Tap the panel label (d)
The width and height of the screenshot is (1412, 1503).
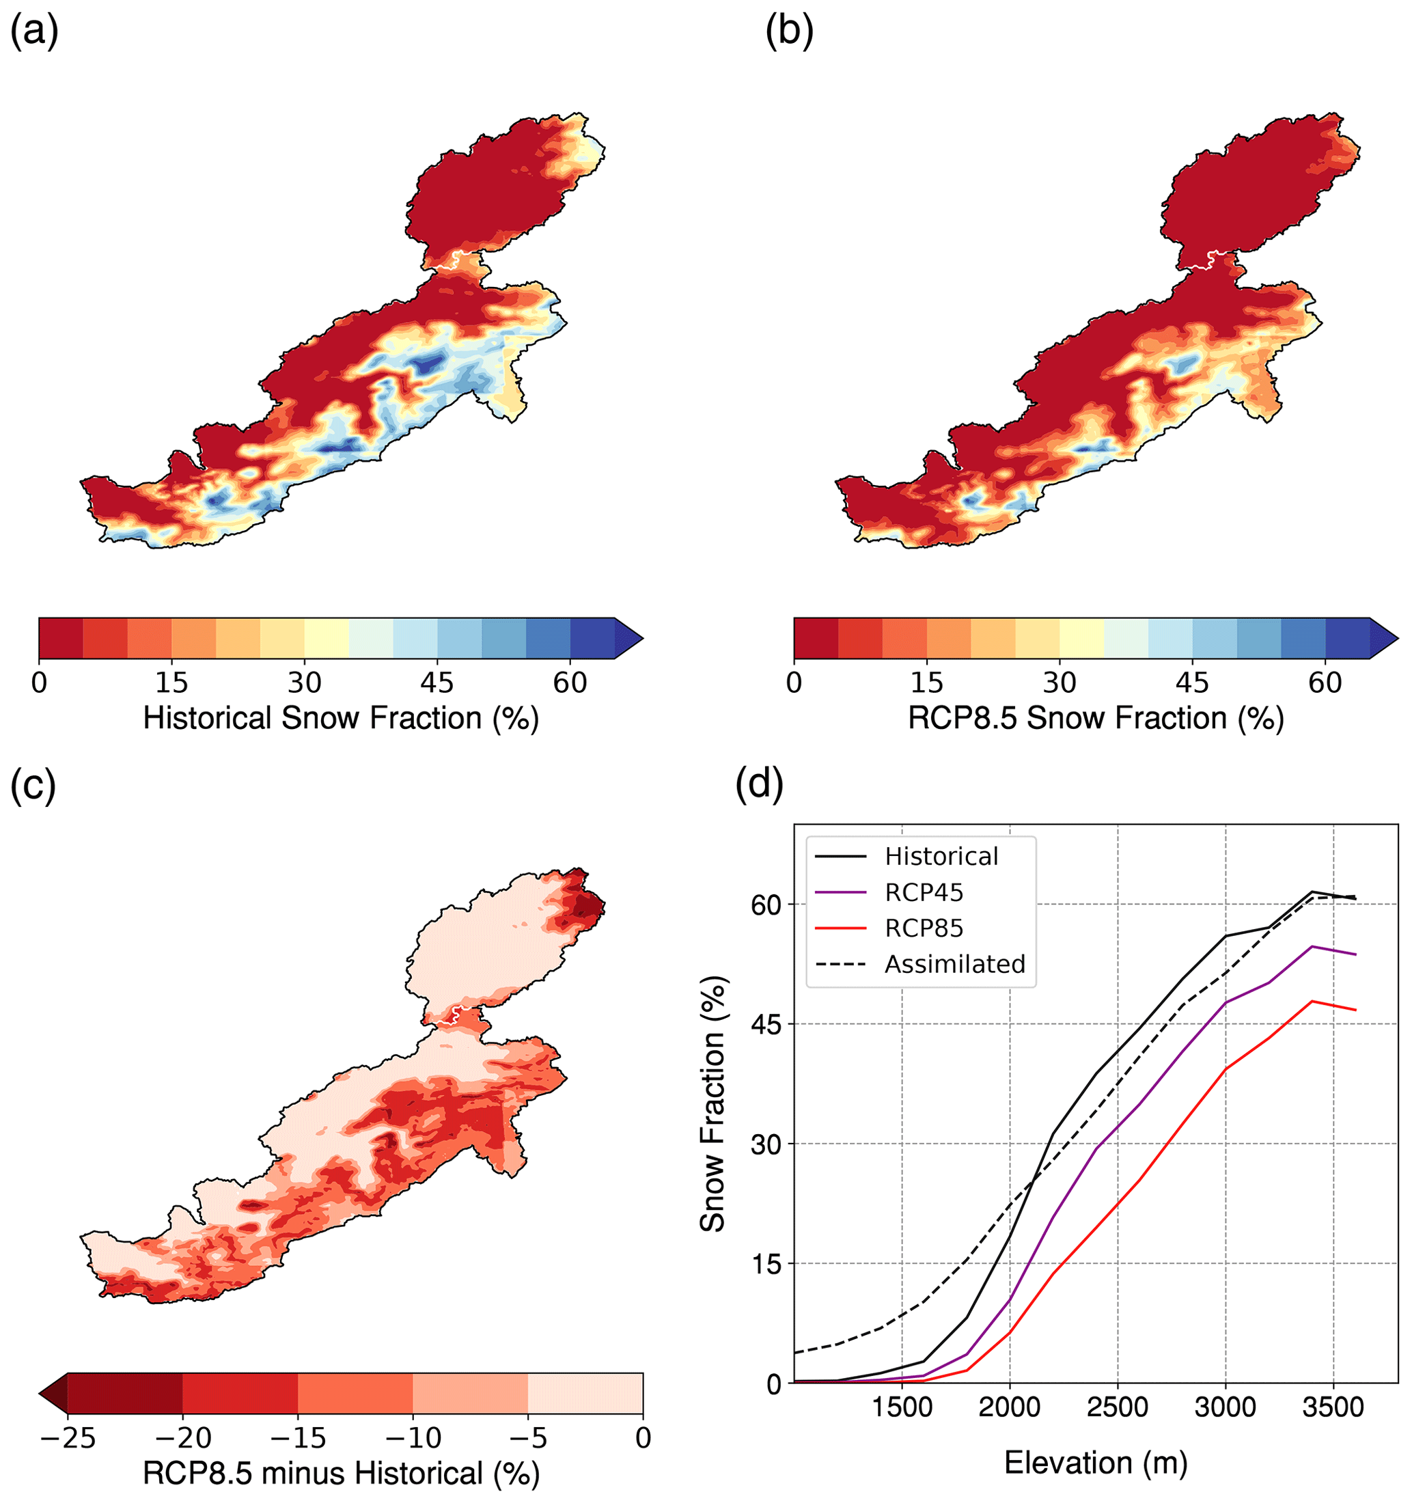[x=759, y=786]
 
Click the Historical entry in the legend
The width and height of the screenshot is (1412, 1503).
[x=941, y=857]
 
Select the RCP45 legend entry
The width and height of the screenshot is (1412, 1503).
[x=924, y=893]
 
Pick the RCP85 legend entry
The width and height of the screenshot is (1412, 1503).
[x=924, y=928]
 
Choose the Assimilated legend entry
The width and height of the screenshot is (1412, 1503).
[x=955, y=965]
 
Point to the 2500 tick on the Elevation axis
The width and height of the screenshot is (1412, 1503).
[x=1117, y=1407]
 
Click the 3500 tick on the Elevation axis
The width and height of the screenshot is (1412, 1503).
[x=1333, y=1407]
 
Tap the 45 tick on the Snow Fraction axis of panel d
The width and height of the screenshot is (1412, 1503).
[x=766, y=1024]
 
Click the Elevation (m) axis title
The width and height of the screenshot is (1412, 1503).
[x=1095, y=1462]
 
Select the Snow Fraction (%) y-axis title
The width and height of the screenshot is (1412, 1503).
[x=712, y=1105]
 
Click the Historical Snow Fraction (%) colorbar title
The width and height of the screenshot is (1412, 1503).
[x=340, y=718]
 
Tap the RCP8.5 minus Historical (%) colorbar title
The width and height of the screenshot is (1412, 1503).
[x=340, y=1473]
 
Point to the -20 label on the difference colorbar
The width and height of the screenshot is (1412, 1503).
[x=182, y=1437]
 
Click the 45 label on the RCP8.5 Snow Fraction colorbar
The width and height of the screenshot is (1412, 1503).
[x=1192, y=682]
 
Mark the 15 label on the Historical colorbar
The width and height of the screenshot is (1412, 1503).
[x=171, y=682]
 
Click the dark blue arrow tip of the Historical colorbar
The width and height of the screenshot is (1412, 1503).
[x=629, y=639]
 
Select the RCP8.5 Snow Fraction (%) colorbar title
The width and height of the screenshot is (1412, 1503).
[x=1095, y=718]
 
